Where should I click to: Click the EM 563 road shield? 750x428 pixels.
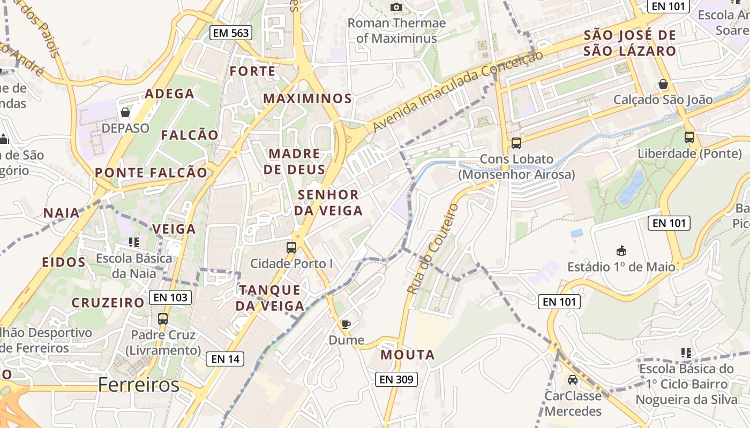click(x=231, y=33)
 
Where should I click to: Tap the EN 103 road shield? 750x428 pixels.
click(x=170, y=297)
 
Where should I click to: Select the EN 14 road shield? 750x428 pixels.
click(x=226, y=359)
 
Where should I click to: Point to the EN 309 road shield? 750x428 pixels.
click(x=396, y=379)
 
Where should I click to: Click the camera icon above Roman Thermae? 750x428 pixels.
click(x=396, y=7)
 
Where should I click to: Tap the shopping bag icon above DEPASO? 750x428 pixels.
click(x=125, y=112)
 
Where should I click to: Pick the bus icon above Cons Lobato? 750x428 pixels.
click(x=516, y=143)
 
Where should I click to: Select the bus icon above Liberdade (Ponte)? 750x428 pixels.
click(x=689, y=137)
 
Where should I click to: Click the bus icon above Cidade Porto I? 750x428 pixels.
click(x=291, y=248)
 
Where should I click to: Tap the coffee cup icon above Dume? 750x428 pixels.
click(x=346, y=324)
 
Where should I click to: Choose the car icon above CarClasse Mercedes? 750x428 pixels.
click(x=573, y=380)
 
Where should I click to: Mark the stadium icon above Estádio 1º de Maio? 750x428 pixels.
click(x=621, y=250)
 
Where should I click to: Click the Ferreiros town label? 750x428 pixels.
click(x=139, y=385)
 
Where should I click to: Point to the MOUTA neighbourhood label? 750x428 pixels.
click(x=408, y=355)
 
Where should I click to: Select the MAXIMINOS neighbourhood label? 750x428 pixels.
click(x=307, y=98)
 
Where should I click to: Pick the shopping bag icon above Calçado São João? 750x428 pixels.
click(x=663, y=85)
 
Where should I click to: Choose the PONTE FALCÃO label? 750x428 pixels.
click(x=151, y=172)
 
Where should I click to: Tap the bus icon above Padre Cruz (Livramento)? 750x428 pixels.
click(x=163, y=319)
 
